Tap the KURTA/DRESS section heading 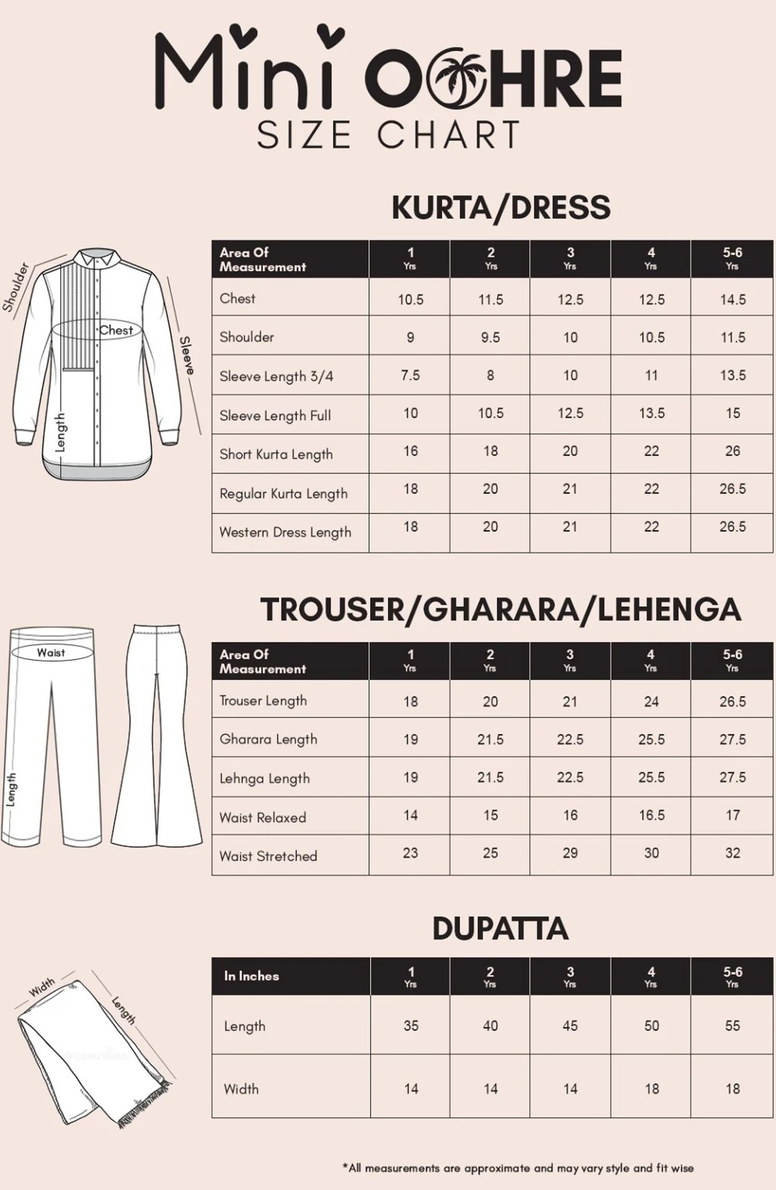[x=501, y=207]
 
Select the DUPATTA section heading [x=500, y=929]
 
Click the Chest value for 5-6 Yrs [x=733, y=300]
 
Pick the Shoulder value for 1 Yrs [x=410, y=337]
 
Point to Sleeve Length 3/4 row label [x=276, y=376]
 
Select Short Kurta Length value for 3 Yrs [x=570, y=451]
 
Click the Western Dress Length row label [x=285, y=532]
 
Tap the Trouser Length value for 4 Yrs [x=651, y=702]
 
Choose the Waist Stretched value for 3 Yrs [x=570, y=853]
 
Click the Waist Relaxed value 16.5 [x=651, y=815]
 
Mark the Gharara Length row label [x=268, y=739]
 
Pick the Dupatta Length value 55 [x=733, y=1025]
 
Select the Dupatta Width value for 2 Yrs [x=490, y=1089]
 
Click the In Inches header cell [x=251, y=976]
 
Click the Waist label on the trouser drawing [x=51, y=652]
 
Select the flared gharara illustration [x=156, y=735]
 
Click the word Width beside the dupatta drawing [x=42, y=987]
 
